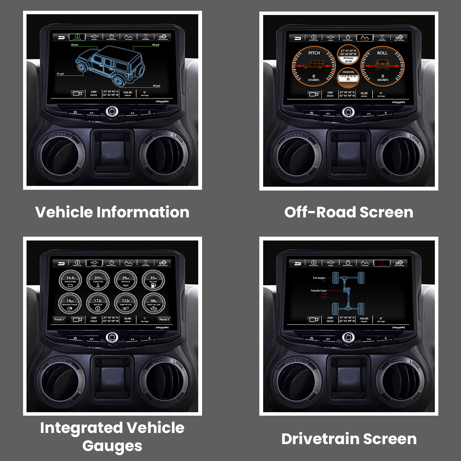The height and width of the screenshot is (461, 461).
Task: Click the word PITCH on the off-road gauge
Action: [x=314, y=53]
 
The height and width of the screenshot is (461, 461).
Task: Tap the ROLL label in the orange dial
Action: [x=382, y=53]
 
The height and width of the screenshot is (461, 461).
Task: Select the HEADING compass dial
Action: [x=348, y=77]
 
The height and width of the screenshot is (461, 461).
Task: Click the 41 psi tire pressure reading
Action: [x=60, y=73]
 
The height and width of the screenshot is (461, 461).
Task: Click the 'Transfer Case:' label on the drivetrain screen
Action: [x=318, y=291]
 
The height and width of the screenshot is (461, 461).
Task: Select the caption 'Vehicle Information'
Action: [x=112, y=212]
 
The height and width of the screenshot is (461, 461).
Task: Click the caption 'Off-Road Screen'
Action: [x=349, y=212]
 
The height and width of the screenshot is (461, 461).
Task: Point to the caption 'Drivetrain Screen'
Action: [x=349, y=439]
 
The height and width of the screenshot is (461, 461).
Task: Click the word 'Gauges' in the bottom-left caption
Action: [x=112, y=446]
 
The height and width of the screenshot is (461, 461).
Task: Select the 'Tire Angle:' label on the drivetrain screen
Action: [x=319, y=278]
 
